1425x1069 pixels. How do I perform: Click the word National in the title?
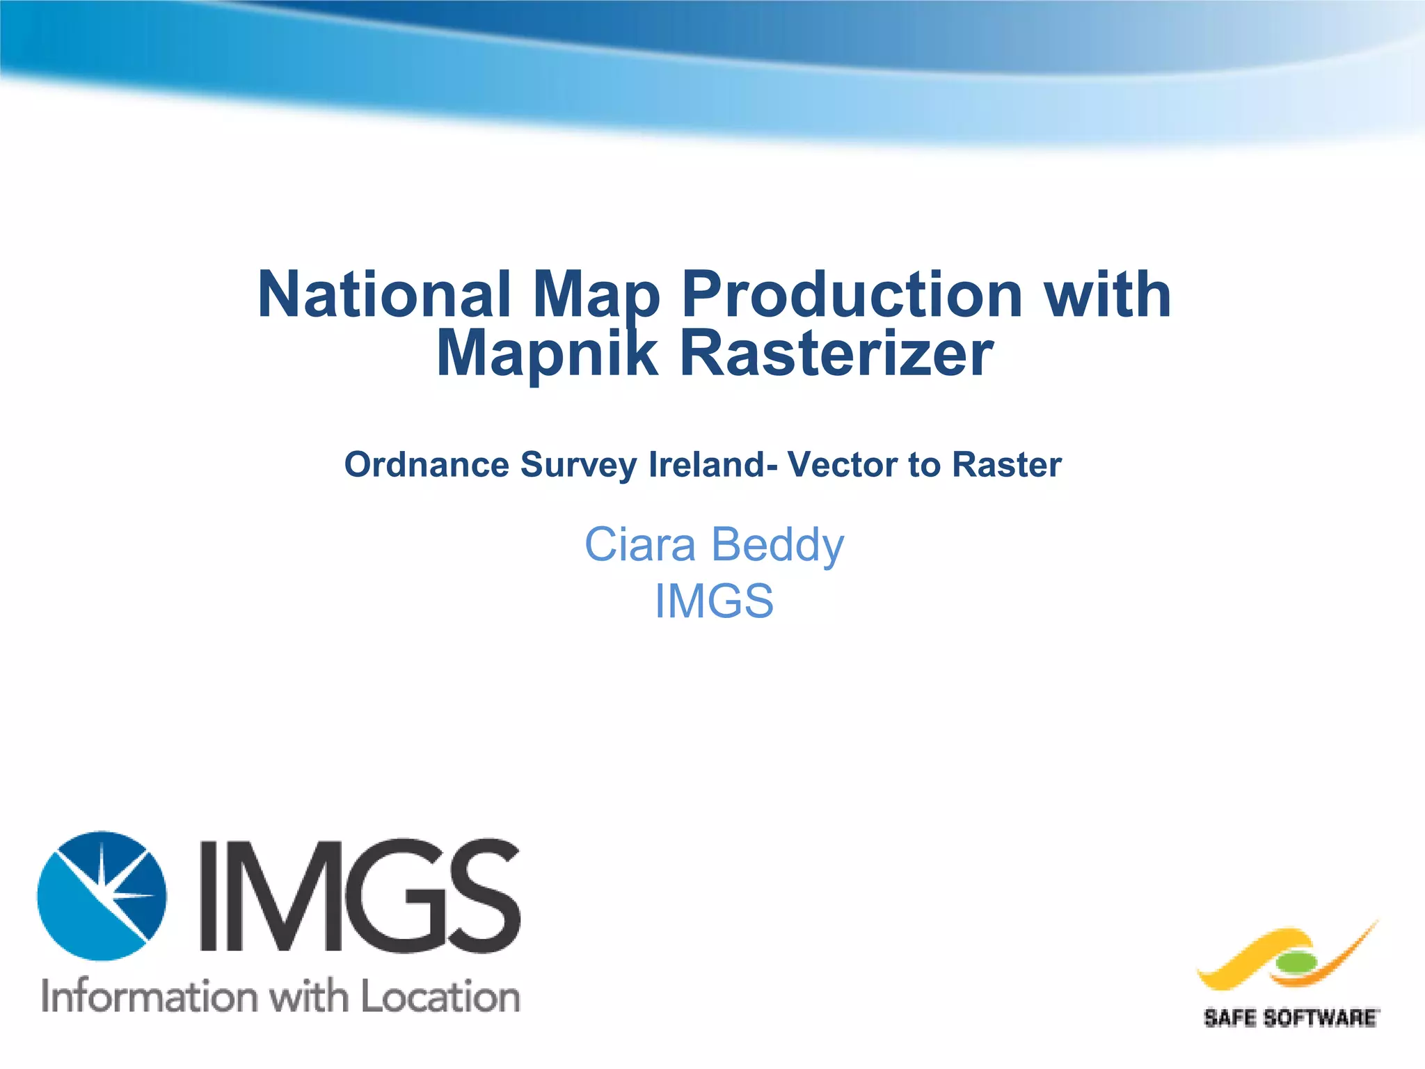pyautogui.click(x=384, y=295)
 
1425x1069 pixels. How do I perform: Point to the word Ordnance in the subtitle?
pyautogui.click(x=427, y=464)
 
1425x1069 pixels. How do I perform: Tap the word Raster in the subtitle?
pyautogui.click(x=1006, y=464)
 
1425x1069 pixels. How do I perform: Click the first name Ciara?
pyautogui.click(x=639, y=544)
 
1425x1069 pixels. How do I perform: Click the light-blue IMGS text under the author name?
pyautogui.click(x=714, y=601)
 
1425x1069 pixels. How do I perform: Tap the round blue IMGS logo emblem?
pyautogui.click(x=102, y=896)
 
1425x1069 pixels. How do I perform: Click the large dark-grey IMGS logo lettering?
pyautogui.click(x=360, y=896)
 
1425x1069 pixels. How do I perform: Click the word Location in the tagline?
pyautogui.click(x=440, y=996)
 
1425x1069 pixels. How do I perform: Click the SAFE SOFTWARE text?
pyautogui.click(x=1291, y=1019)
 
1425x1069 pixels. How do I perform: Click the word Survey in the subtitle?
pyautogui.click(x=578, y=466)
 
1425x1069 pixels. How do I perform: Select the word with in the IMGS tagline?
pyautogui.click(x=309, y=996)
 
